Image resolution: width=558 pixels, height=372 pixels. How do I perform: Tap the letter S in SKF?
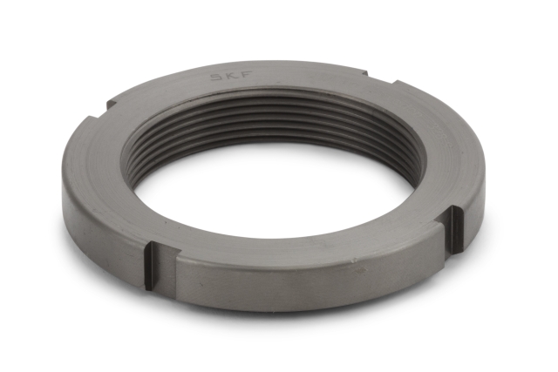point(215,78)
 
